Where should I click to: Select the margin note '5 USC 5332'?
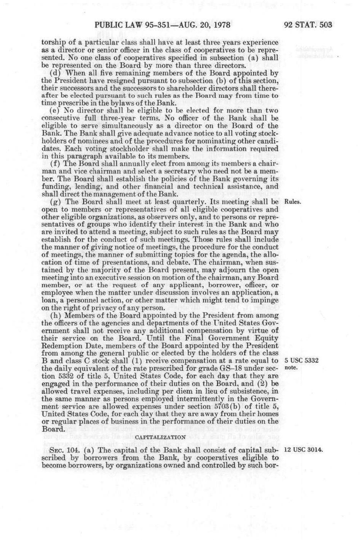(x=302, y=361)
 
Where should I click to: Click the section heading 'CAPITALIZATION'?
(x=160, y=437)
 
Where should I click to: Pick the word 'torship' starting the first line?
(x=52, y=43)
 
